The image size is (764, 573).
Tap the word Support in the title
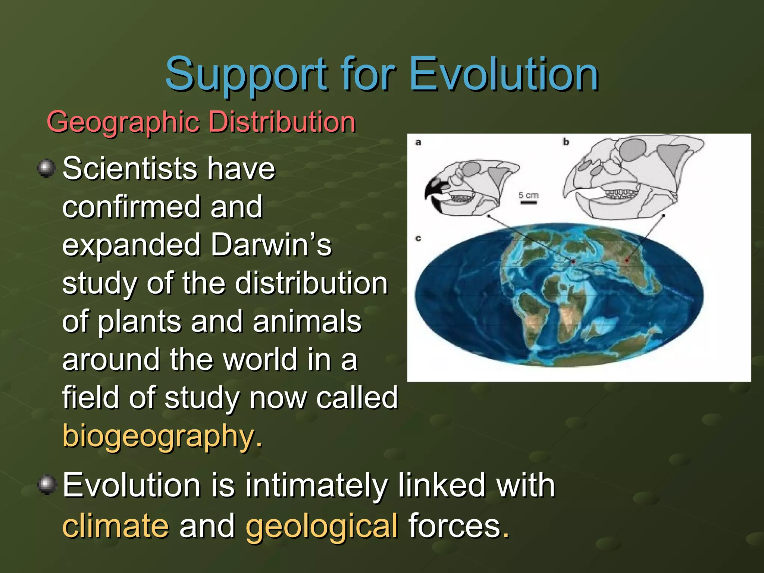[246, 75]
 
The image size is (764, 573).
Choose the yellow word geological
[322, 526]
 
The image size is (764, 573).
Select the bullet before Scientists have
[47, 168]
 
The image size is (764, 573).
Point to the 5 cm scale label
[528, 195]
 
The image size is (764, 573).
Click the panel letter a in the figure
[418, 142]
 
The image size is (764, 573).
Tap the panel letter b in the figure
[566, 142]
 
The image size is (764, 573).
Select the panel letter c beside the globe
[418, 238]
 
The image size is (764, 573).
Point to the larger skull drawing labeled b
[630, 179]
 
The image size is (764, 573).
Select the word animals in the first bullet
[307, 322]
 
